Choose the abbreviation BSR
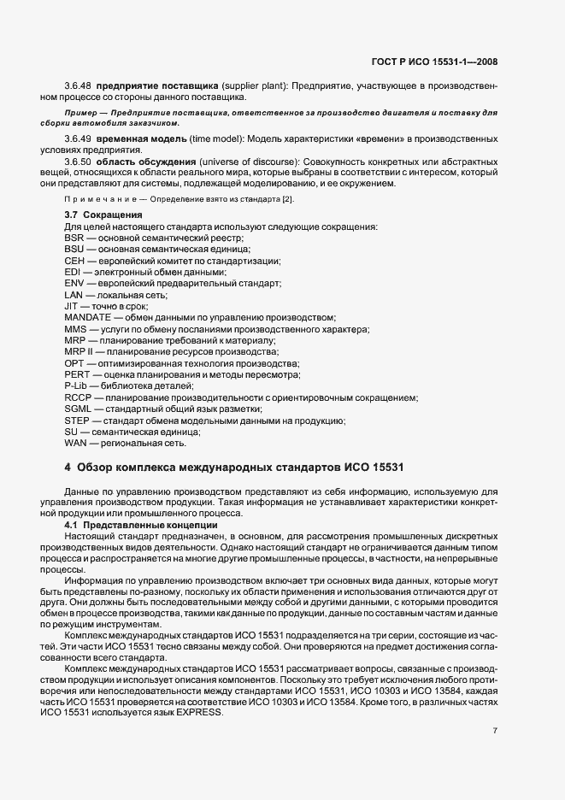[74, 237]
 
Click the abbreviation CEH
[74, 260]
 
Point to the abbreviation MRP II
[79, 351]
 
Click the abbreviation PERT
[77, 374]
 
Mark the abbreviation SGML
[78, 409]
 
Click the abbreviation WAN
[75, 444]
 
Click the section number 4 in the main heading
[68, 468]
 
